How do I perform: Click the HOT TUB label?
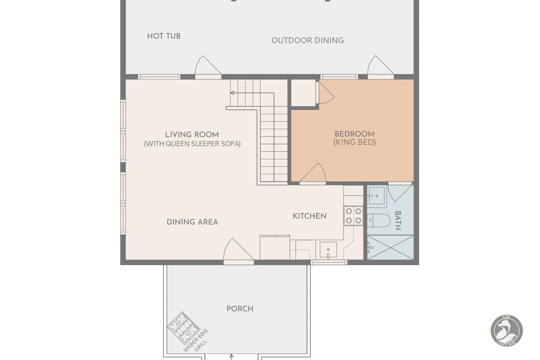coord(164,36)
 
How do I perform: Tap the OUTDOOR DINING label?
coord(308,40)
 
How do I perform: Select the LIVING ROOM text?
coord(192,135)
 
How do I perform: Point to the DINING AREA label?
coord(192,222)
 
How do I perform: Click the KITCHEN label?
coord(310,216)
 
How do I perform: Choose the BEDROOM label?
coord(354,134)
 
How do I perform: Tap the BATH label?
coord(398,220)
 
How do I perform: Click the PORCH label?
coord(240,309)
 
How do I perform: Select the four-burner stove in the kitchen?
coord(353,216)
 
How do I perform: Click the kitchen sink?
coord(328,250)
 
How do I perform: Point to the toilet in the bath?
coord(379,220)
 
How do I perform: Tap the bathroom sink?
coord(377,196)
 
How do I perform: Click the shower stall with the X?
coord(390,247)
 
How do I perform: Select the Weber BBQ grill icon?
coord(184,328)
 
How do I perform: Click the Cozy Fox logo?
coord(507,330)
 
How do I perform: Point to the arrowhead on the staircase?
coord(232,93)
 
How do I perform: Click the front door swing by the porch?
coord(238,249)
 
